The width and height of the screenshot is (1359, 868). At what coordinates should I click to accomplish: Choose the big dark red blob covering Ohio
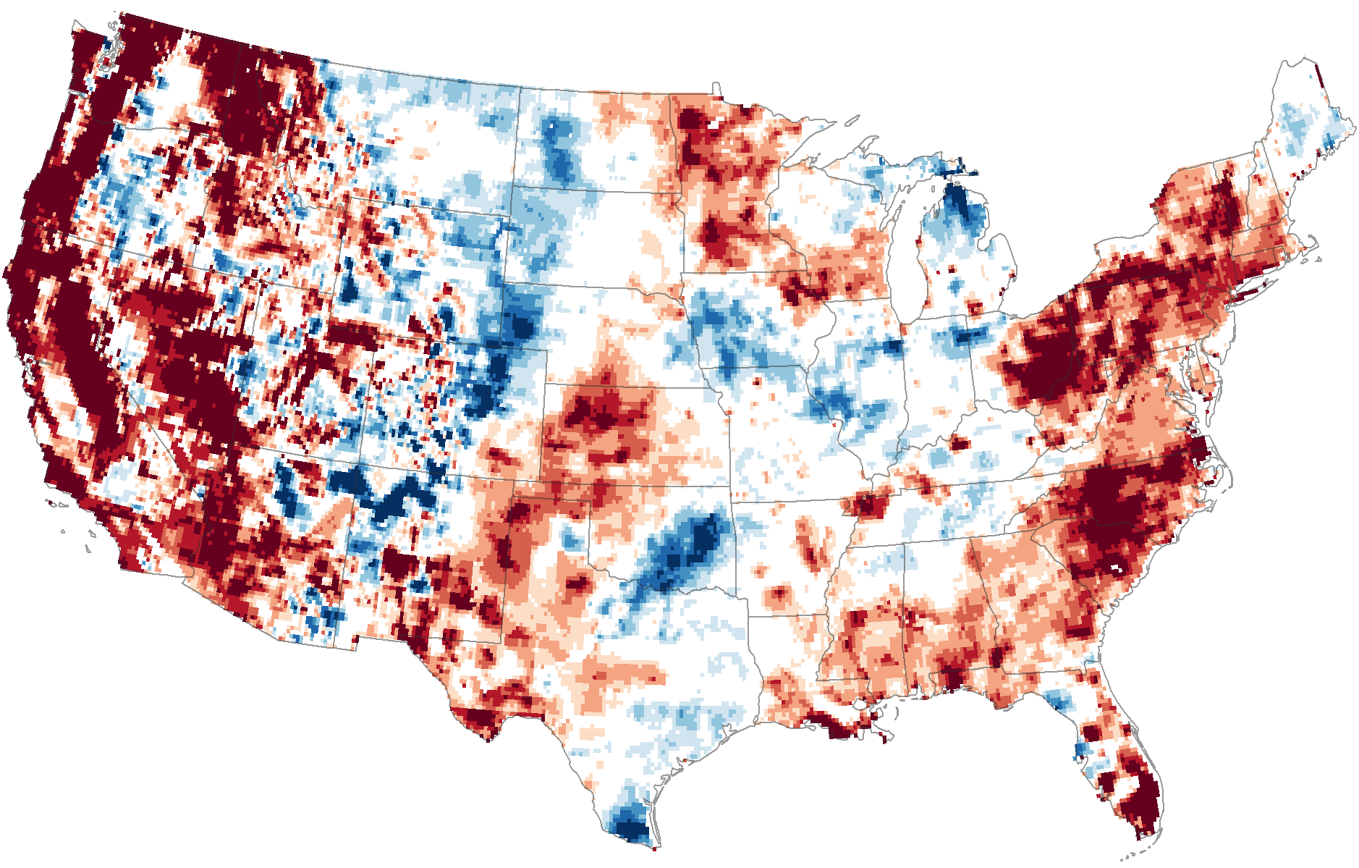coord(1042,369)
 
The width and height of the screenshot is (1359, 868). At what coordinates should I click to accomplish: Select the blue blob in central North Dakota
coord(561,148)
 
